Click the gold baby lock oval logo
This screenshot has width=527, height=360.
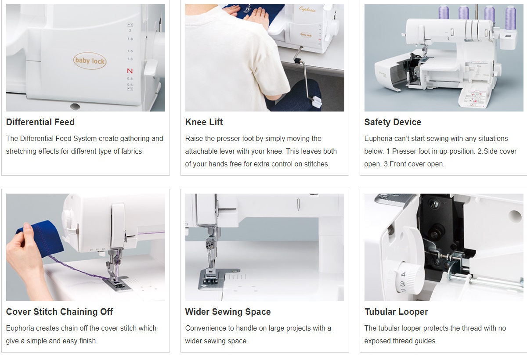90,61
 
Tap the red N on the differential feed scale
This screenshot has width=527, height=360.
130,71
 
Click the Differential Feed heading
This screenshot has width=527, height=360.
40,122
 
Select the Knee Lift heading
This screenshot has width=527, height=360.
204,122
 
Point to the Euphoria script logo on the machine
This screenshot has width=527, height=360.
307,9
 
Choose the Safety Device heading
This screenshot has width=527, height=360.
393,122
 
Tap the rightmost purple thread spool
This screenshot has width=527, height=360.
510,17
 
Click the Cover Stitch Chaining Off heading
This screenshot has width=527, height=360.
60,312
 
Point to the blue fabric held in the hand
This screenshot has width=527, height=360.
41,238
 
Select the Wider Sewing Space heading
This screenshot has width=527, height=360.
228,312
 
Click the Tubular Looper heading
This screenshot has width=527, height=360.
396,312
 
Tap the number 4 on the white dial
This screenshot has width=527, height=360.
403,274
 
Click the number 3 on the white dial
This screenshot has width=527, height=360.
403,284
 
